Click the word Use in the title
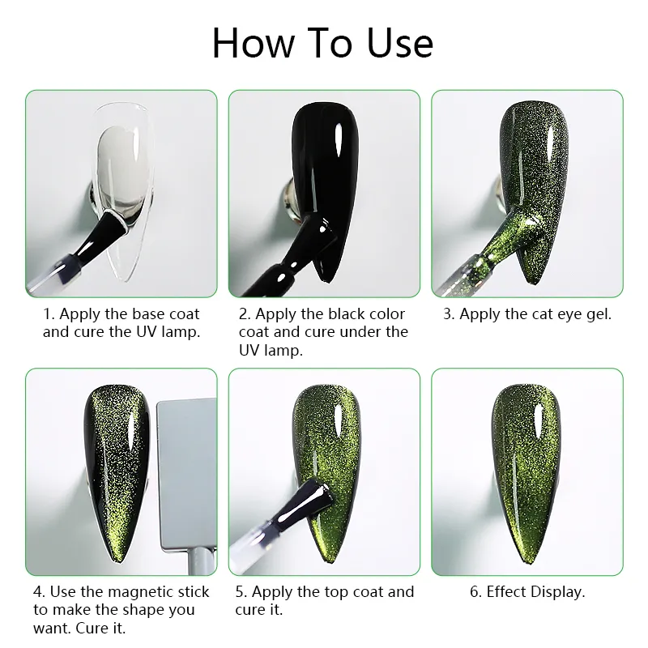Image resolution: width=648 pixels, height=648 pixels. [399, 43]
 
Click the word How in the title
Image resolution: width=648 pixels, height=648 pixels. [254, 43]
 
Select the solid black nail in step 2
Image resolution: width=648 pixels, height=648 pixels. [326, 181]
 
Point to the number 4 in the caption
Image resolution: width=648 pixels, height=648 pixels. [38, 592]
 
